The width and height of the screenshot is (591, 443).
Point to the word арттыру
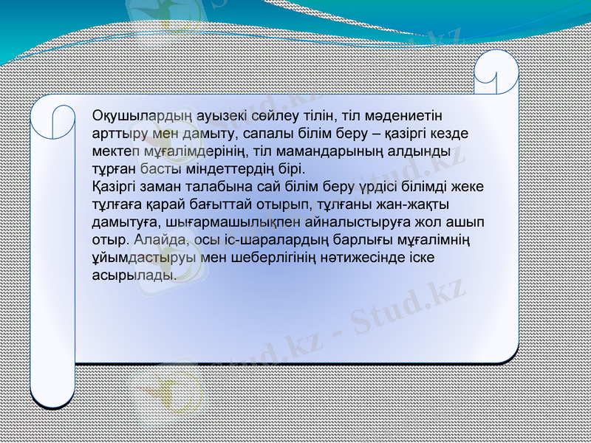coord(116,134)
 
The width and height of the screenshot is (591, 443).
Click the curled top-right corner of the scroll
coord(496,74)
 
